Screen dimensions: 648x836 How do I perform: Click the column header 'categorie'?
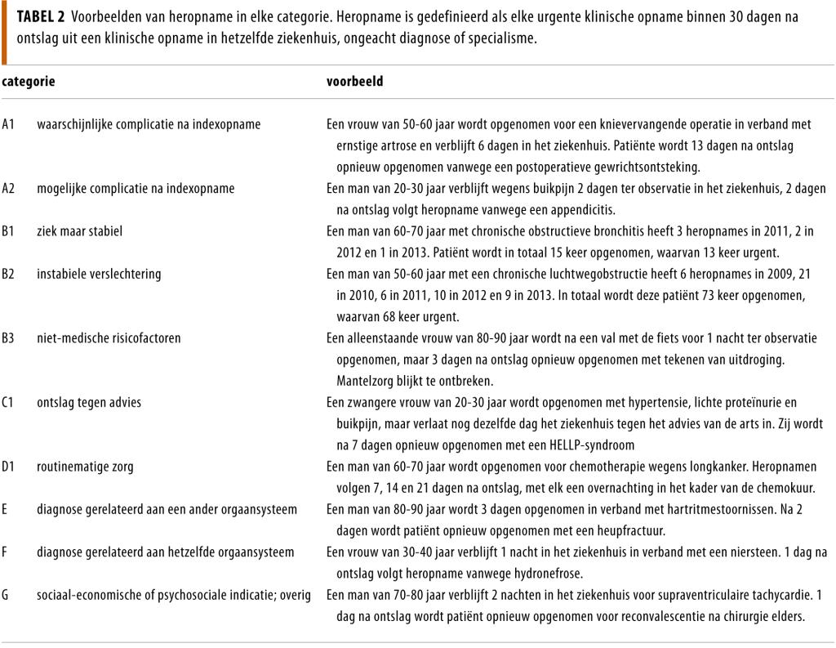[28, 82]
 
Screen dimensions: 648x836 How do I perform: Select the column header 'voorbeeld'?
[354, 82]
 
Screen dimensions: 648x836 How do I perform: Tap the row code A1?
[9, 124]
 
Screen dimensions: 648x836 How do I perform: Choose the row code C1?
[9, 402]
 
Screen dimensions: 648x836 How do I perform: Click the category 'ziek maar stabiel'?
[79, 231]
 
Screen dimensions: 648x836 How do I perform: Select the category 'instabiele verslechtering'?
[99, 274]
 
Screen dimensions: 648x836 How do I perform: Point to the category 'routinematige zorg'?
[85, 467]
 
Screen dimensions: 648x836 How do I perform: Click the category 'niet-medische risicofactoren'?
[109, 337]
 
